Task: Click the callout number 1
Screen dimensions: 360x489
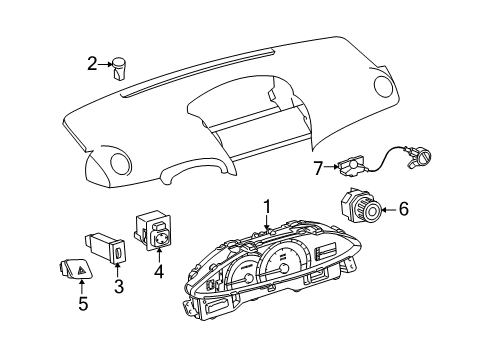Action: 267,206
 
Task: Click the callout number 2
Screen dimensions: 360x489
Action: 92,65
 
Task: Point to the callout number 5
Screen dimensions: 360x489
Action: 83,303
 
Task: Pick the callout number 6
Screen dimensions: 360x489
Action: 404,209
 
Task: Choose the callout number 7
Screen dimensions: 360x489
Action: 318,166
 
